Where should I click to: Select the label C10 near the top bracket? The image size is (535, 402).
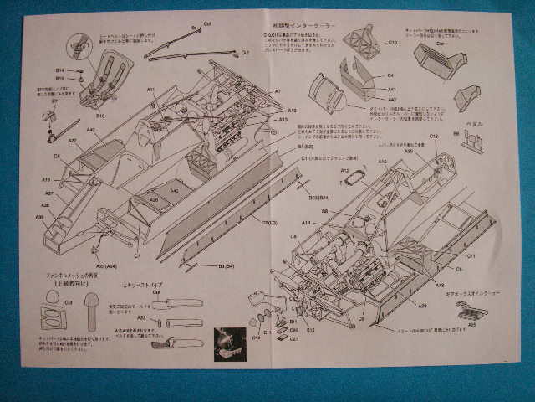click(392, 42)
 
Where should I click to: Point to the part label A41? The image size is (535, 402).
click(391, 89)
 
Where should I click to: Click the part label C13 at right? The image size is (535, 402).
click(434, 136)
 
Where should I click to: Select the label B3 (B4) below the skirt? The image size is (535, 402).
click(226, 265)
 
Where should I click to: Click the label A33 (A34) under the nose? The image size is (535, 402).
click(106, 265)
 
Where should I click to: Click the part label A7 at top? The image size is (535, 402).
click(278, 90)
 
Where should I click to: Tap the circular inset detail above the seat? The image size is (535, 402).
click(79, 43)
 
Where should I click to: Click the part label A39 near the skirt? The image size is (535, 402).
click(423, 306)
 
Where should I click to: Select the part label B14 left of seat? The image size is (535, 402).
click(60, 70)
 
